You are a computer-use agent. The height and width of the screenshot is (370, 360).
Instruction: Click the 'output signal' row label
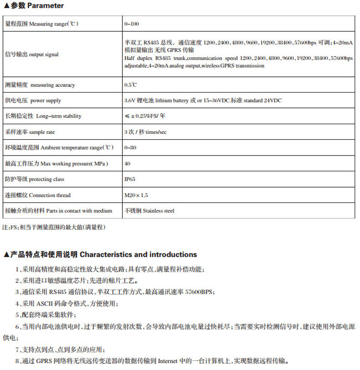click(32, 54)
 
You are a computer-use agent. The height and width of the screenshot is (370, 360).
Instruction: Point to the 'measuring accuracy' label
click(40, 85)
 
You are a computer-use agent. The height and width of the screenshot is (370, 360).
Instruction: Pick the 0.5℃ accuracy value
click(130, 85)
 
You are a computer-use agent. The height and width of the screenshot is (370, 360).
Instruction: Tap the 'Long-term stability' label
click(43, 116)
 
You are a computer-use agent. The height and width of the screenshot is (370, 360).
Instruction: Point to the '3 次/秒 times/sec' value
click(145, 131)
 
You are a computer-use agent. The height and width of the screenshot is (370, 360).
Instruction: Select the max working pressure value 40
click(127, 164)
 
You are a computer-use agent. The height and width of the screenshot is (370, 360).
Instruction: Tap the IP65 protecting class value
click(129, 179)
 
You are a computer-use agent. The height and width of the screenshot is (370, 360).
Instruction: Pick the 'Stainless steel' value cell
click(149, 211)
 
